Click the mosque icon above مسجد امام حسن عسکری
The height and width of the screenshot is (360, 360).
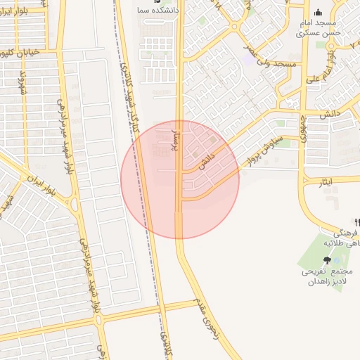[x=318, y=12]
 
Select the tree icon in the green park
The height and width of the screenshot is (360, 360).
[x=328, y=259]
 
